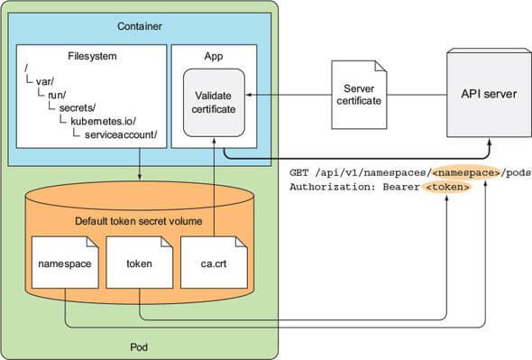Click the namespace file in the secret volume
tap(65, 263)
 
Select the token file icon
tap(139, 263)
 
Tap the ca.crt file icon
tap(214, 263)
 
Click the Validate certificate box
tap(214, 103)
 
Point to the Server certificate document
tap(359, 95)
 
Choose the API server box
tap(489, 93)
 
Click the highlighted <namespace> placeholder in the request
tap(466, 173)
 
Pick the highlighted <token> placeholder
tap(447, 187)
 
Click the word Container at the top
tap(140, 26)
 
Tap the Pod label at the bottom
tap(139, 347)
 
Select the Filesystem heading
tap(92, 56)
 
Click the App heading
tap(214, 56)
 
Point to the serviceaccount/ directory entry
tap(121, 134)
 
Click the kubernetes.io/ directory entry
tap(103, 121)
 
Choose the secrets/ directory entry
tap(78, 107)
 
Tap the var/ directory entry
tap(45, 81)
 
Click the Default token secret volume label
tap(139, 221)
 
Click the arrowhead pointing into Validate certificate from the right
tap(248, 95)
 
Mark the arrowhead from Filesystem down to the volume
tap(140, 177)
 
